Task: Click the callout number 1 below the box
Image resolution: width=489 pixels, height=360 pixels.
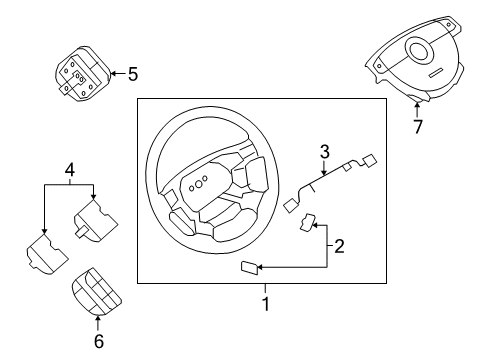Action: [x=265, y=303]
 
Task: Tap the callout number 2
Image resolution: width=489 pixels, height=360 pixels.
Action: [x=339, y=245]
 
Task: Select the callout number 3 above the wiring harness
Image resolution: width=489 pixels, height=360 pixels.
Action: [x=324, y=152]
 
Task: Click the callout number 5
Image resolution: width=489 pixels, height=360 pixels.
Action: [x=133, y=73]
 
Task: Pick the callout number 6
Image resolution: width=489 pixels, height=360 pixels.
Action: [x=97, y=342]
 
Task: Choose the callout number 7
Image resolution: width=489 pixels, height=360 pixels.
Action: [x=418, y=128]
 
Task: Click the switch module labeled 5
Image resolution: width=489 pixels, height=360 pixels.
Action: [x=80, y=75]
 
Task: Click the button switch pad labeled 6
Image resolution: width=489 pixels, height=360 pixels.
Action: [x=97, y=293]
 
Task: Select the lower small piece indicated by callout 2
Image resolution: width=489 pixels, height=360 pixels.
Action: [x=247, y=267]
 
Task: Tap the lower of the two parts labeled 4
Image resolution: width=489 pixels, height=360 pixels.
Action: [x=46, y=253]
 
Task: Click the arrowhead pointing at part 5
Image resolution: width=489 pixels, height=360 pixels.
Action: [x=112, y=73]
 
